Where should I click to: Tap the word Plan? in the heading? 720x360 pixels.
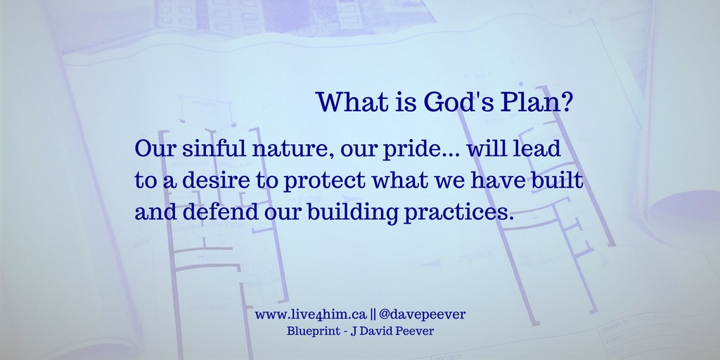541,103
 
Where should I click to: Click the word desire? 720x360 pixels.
215,180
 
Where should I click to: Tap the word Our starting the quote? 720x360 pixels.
150,150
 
